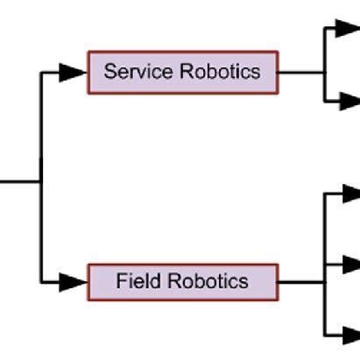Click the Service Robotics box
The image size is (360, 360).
click(182, 72)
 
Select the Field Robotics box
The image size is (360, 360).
click(182, 282)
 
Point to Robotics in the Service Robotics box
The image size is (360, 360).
click(220, 72)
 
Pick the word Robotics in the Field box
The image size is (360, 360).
click(208, 282)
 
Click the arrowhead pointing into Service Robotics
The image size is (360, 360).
click(74, 73)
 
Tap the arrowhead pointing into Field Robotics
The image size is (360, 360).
click(74, 282)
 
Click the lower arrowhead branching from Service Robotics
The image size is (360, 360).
click(347, 101)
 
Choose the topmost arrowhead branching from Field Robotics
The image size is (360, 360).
click(349, 194)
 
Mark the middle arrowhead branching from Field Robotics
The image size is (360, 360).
click(349, 264)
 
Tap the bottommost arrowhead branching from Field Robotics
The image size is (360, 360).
click(349, 334)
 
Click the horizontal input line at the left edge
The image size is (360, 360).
click(18, 182)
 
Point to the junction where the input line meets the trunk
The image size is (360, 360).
click(40, 182)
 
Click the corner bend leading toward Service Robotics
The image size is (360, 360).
click(41, 73)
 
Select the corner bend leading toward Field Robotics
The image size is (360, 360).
click(41, 282)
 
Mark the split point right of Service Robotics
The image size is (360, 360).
click(325, 72)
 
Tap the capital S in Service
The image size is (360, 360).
click(109, 72)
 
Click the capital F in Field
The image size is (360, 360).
click(121, 282)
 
